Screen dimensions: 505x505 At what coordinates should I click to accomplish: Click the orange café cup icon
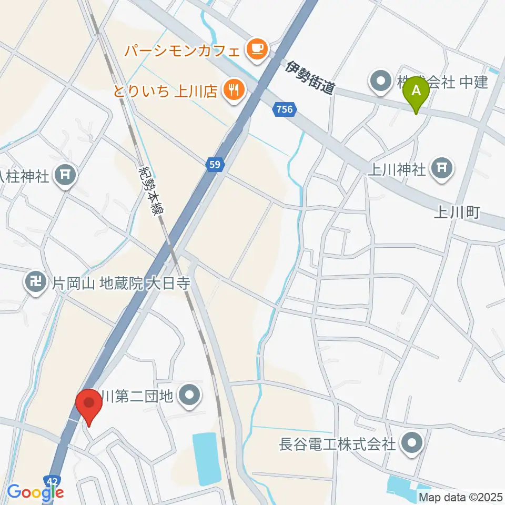coord(257,50)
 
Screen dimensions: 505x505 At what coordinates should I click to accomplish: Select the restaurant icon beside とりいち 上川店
coord(232,90)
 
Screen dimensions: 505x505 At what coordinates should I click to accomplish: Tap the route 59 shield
coord(216,165)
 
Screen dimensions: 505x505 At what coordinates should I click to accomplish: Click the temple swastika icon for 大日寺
coord(36,285)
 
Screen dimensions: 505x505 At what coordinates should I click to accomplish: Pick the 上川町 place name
coord(457,213)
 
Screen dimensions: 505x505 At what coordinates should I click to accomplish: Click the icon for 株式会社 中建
coord(380,82)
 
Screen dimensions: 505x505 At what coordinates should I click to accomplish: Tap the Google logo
coord(35,492)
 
